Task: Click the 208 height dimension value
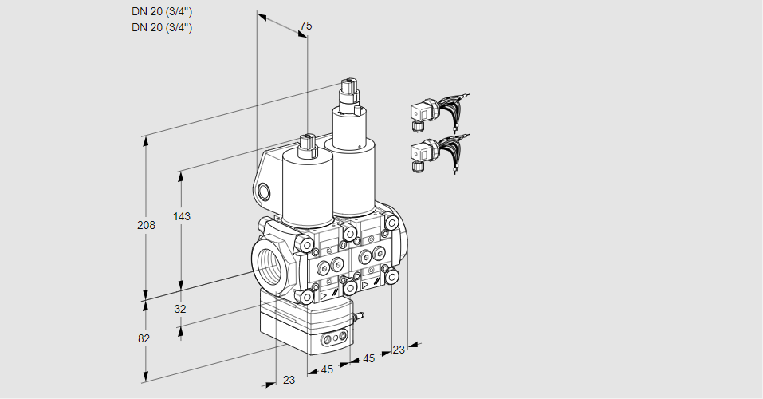(146, 225)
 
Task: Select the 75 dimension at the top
(305, 26)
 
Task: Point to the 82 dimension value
(144, 338)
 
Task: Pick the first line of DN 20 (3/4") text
(162, 11)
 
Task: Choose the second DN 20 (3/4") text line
(162, 27)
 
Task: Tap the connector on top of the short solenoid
(307, 145)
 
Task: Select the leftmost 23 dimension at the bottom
(289, 380)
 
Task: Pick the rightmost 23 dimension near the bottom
(399, 350)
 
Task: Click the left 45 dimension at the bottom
(327, 369)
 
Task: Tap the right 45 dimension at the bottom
(368, 358)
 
